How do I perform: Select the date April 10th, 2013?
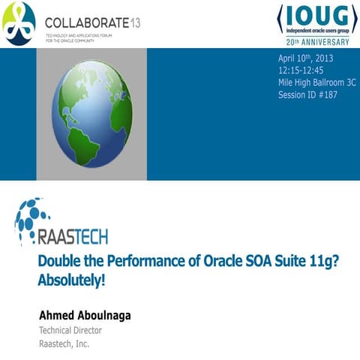(306, 58)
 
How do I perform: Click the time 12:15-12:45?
(301, 71)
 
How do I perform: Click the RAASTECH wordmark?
(71, 237)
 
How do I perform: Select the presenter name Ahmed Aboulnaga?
(84, 315)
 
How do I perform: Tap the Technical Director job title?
(70, 330)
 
